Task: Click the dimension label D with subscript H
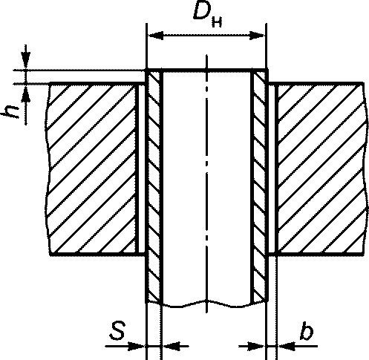(x=207, y=15)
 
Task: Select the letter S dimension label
(x=117, y=330)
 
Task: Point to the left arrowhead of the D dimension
(x=156, y=36)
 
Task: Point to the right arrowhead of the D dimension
(x=257, y=36)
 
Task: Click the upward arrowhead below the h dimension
(x=26, y=93)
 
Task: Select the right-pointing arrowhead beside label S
(x=137, y=346)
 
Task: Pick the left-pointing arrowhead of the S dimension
(x=171, y=346)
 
